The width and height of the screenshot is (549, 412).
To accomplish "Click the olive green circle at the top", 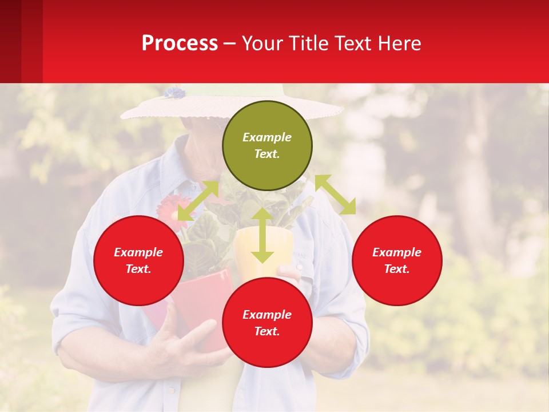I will click(267, 145).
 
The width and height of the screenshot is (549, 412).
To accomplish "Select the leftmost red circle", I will click(138, 260).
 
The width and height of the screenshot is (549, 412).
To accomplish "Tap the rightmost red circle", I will click(397, 260).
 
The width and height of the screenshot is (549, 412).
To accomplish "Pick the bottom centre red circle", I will click(267, 323).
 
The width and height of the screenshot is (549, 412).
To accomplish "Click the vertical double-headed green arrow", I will click(262, 235).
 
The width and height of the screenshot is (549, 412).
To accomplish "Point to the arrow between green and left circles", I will click(198, 201).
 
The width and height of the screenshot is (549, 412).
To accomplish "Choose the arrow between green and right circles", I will click(335, 195).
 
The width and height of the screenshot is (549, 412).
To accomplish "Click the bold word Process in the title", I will click(180, 43).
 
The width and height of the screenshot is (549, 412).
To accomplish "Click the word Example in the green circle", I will click(267, 137).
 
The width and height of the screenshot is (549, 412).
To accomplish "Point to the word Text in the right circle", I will click(396, 269).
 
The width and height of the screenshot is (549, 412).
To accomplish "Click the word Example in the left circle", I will click(138, 252).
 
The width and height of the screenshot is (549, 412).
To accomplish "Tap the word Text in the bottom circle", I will click(266, 331).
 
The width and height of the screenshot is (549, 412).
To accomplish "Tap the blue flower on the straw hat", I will click(174, 92).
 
